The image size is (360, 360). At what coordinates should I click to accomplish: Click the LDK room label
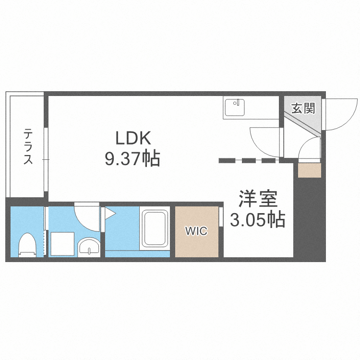point(133,138)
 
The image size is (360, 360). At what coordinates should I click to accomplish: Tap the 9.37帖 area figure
point(133,158)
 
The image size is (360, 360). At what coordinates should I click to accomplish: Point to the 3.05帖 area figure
point(258,220)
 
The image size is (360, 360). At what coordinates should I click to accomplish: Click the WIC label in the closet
point(196,231)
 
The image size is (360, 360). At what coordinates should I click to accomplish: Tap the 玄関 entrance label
point(303,108)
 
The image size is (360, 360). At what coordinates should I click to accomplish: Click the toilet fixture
point(27,244)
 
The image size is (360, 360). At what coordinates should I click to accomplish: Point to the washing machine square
point(63,244)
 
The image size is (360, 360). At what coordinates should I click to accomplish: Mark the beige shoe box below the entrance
point(309,170)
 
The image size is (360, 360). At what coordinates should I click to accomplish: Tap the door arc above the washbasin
point(87,215)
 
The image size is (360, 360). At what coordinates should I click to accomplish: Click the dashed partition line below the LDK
point(247,161)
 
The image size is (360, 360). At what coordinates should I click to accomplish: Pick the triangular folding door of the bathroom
point(110,213)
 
